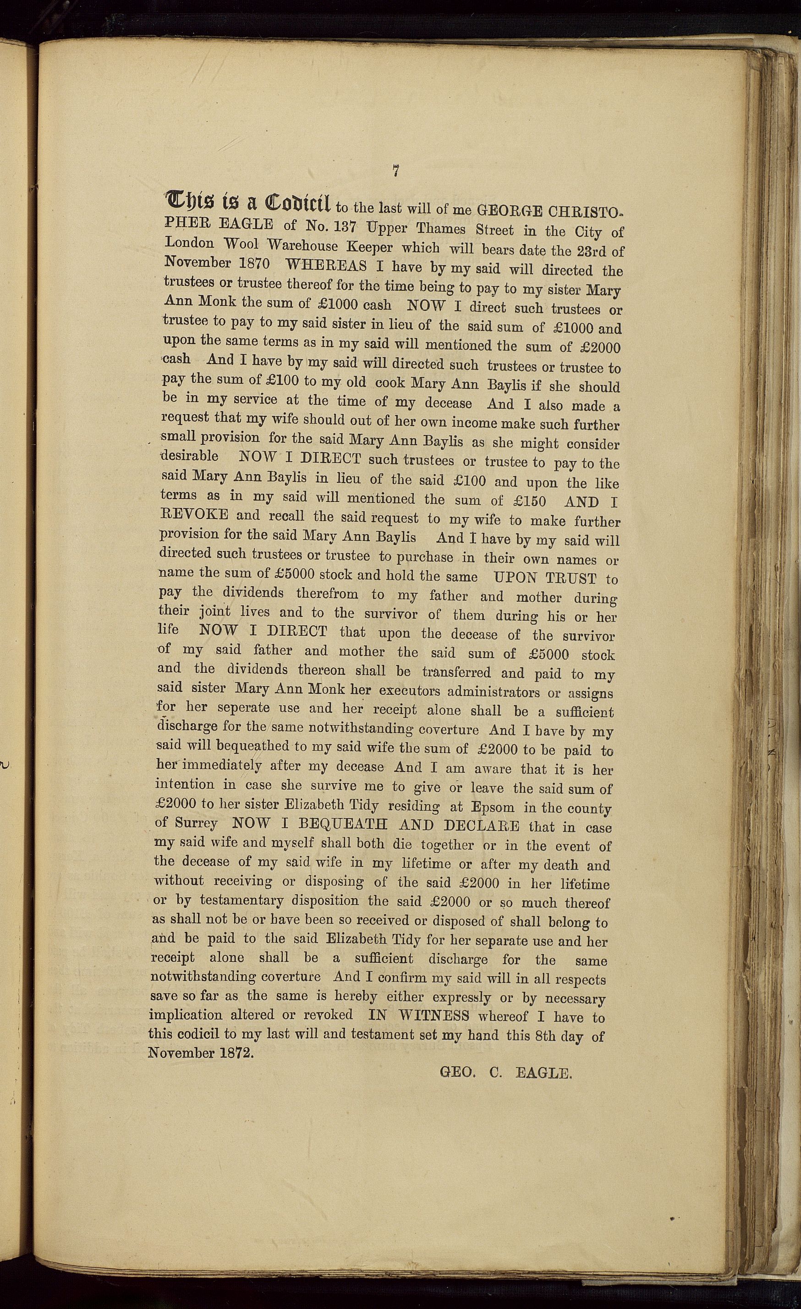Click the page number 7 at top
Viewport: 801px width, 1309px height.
(395, 170)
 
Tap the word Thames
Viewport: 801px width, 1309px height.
(441, 229)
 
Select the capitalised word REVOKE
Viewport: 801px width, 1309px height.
(195, 514)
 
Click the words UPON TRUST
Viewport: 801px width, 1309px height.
(545, 578)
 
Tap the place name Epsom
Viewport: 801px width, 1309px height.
(493, 807)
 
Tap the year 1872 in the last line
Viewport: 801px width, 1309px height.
(235, 1053)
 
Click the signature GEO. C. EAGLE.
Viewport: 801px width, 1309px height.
(505, 1073)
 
